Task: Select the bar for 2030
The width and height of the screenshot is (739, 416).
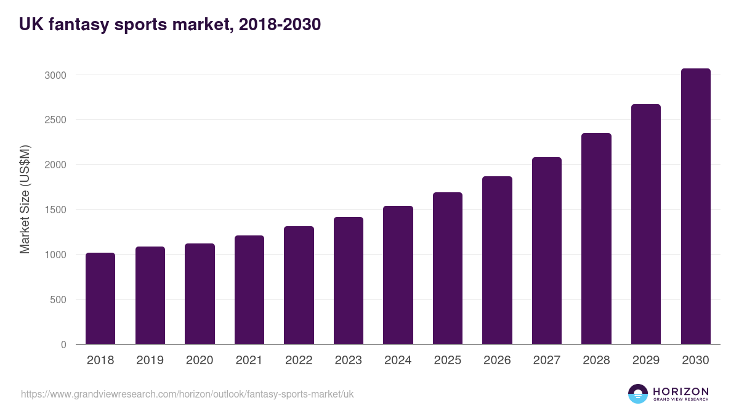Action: coord(695,206)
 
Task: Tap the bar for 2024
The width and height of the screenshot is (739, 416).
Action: coord(398,275)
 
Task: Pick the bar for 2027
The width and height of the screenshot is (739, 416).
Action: coord(547,251)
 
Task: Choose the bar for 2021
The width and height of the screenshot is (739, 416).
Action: coord(249,290)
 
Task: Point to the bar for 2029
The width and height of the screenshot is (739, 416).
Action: coord(646,224)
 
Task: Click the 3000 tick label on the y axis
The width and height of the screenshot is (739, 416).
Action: coord(54,75)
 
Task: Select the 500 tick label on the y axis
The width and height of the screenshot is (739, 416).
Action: coord(59,300)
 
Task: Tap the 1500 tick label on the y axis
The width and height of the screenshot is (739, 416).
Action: coord(54,210)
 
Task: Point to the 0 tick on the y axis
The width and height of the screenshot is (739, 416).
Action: coord(63,345)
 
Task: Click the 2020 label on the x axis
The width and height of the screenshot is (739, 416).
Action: coord(200,361)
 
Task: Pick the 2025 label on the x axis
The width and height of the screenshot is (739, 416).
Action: coord(448,361)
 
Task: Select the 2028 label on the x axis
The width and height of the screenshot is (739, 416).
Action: coord(596,361)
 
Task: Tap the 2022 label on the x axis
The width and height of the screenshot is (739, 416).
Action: coord(299,361)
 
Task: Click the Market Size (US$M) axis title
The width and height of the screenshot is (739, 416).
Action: coord(25,200)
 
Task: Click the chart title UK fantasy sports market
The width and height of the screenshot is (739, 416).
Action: coord(170,25)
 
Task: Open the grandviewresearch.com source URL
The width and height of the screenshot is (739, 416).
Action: coord(187,394)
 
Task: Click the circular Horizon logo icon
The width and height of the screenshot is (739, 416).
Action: coord(638,394)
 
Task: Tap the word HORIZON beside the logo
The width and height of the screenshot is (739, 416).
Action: coord(680,391)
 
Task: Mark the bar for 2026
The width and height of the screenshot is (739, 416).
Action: coord(497,260)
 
